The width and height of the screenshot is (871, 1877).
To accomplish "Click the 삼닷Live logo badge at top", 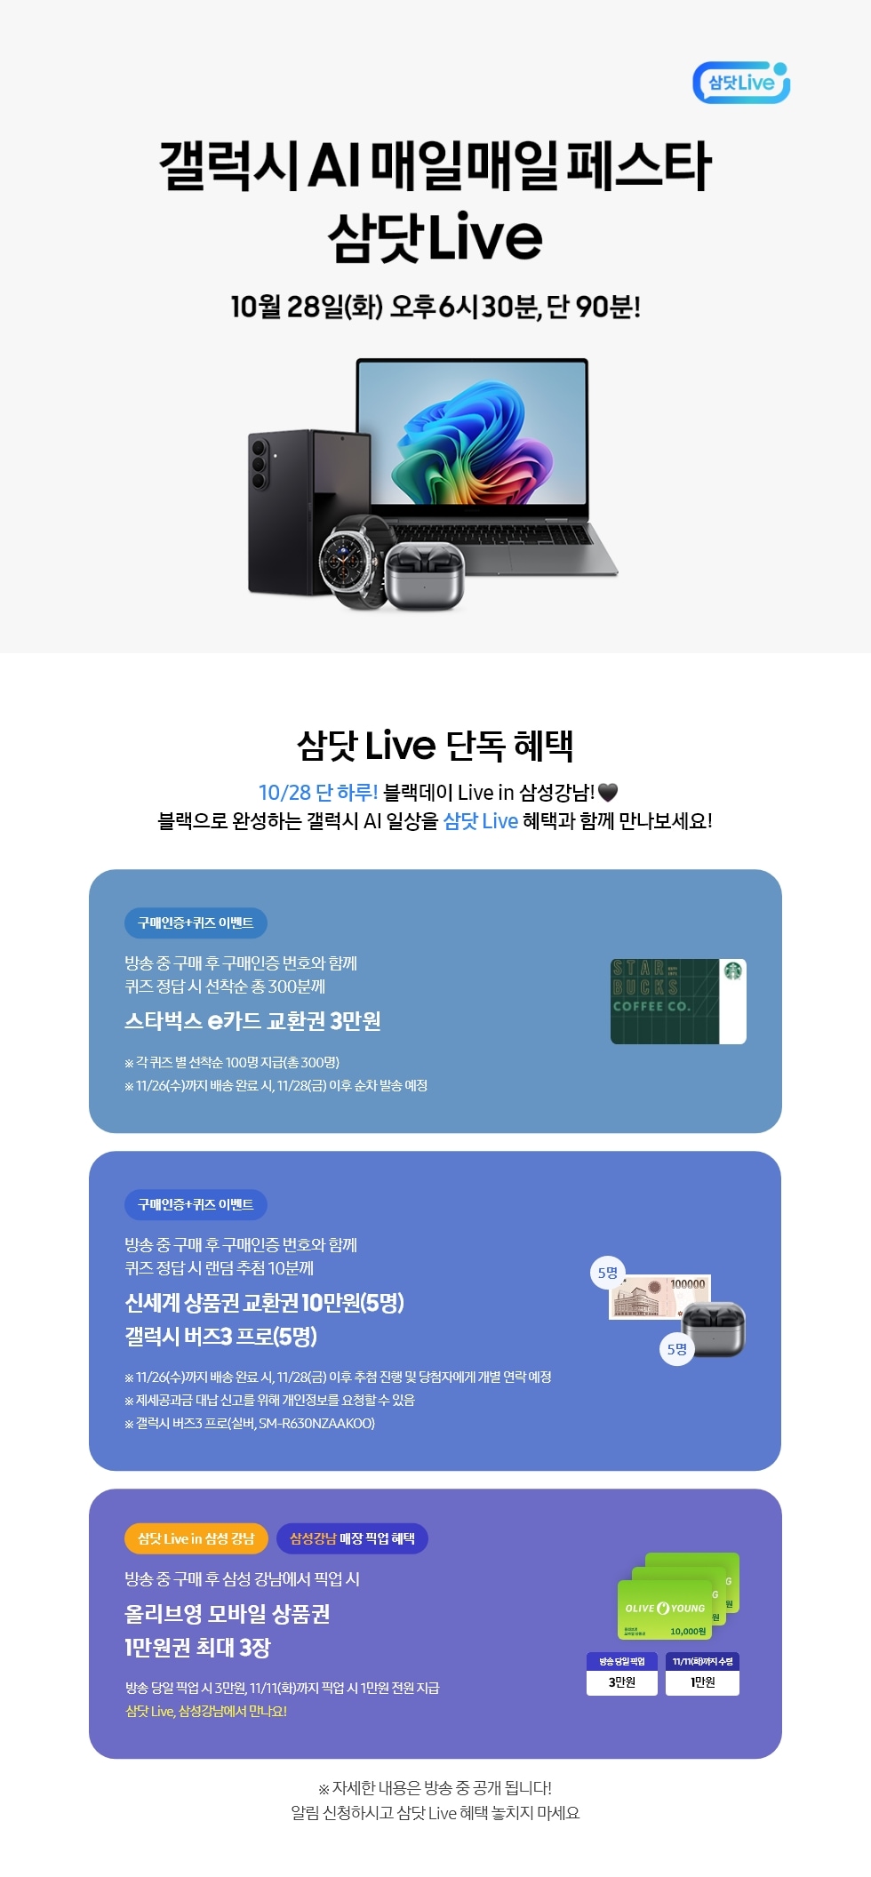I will [x=740, y=83].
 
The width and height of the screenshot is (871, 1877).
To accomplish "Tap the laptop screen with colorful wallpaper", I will [x=472, y=433].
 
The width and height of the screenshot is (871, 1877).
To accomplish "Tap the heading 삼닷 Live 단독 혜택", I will [x=435, y=746].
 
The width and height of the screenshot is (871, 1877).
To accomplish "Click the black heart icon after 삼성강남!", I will [x=608, y=792].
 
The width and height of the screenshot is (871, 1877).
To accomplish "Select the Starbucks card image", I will [x=677, y=1001].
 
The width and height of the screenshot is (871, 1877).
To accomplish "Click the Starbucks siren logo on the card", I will [x=733, y=971].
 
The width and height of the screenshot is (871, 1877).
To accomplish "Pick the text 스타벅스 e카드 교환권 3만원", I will [x=252, y=1021].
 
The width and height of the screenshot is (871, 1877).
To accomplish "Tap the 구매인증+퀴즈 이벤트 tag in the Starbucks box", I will [x=196, y=923].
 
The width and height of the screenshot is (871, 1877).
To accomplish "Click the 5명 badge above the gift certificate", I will [x=608, y=1273].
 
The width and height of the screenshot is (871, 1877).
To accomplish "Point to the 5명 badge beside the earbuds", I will [x=677, y=1349].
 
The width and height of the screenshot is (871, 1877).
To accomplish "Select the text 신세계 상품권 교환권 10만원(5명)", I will [x=264, y=1303].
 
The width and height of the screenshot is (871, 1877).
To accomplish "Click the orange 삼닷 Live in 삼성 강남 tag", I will [x=196, y=1538].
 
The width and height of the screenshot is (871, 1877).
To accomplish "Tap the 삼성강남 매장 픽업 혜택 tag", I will [x=352, y=1538].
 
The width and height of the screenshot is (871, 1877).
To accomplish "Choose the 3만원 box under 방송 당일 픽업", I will [x=621, y=1681].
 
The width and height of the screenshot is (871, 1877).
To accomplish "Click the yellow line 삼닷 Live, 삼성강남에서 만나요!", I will [x=205, y=1711].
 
